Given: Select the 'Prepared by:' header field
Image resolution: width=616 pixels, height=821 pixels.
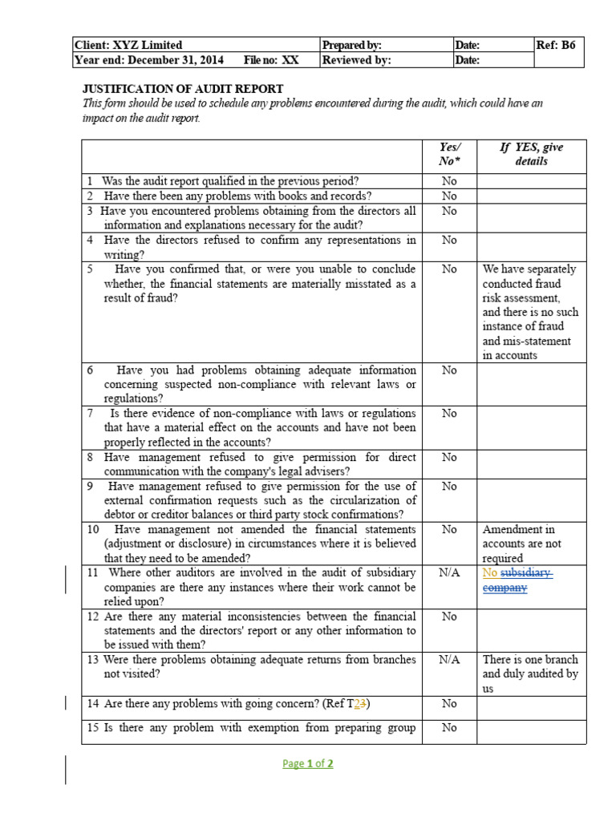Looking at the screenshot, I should (x=351, y=45).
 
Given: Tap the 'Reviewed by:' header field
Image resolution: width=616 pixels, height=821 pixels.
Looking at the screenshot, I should (x=356, y=60).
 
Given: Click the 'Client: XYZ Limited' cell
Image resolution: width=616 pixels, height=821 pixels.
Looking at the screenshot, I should (x=128, y=45).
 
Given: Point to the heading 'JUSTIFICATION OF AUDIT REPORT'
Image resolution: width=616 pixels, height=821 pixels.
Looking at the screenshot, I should (x=184, y=89).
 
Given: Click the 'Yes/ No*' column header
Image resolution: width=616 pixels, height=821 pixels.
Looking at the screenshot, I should (x=449, y=154).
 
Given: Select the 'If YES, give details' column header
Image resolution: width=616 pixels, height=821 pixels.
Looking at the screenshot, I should (x=531, y=154).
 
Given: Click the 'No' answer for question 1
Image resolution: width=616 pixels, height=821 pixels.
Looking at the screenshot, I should (x=449, y=181).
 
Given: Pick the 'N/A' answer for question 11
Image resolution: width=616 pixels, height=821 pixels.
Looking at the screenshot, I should (x=449, y=573).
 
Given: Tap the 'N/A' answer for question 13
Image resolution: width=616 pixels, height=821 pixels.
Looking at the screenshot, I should (x=449, y=660).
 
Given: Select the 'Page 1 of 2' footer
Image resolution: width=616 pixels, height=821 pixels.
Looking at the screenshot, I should (x=308, y=763).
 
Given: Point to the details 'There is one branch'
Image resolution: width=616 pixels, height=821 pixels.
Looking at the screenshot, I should (x=530, y=660).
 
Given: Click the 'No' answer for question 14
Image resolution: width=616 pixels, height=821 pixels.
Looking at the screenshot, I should (x=449, y=703).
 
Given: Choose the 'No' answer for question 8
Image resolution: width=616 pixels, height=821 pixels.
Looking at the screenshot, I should (x=449, y=457).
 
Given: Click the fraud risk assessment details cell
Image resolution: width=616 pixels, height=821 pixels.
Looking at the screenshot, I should (x=529, y=312).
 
